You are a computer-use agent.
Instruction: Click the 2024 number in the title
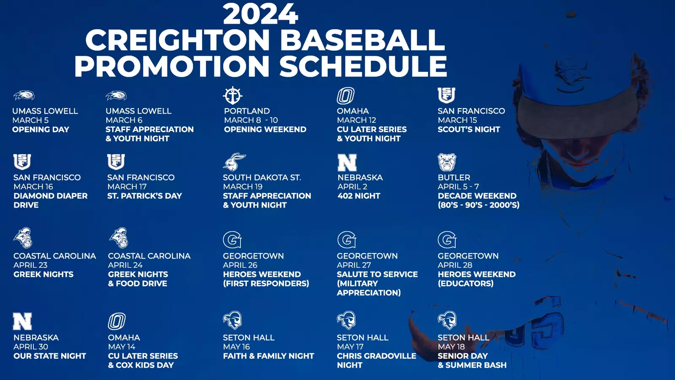260,14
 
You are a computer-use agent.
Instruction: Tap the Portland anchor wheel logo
232,95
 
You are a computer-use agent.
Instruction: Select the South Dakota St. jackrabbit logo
235,162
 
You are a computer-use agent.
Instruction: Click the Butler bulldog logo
447,162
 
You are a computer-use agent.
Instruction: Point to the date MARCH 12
356,120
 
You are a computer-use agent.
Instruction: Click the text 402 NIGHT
359,196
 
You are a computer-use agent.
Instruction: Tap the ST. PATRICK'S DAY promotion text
145,196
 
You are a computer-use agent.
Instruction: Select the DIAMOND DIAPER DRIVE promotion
50,200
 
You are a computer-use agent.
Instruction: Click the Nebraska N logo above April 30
22,321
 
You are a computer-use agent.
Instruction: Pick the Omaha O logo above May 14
117,321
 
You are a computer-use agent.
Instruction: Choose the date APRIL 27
354,265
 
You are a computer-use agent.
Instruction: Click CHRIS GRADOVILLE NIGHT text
376,361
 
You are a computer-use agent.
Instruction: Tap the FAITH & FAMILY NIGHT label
268,356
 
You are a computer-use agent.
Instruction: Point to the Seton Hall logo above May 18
447,320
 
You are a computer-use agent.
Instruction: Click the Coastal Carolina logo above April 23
23,238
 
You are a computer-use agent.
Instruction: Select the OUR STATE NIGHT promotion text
50,356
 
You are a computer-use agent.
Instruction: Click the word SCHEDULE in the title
363,66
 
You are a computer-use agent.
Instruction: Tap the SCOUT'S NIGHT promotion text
469,129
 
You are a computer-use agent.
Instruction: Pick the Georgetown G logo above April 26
232,240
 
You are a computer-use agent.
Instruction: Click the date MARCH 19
243,187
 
